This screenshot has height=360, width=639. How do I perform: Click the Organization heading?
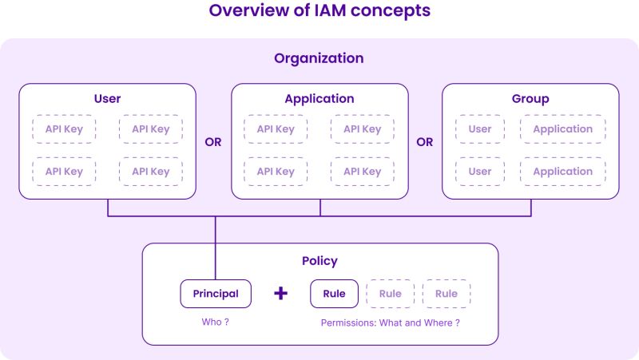point(319,58)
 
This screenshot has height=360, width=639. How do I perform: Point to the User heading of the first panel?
point(107,99)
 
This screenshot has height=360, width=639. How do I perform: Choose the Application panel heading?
point(319,99)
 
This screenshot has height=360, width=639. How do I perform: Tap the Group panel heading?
point(530,99)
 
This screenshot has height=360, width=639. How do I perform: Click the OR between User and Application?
point(213,142)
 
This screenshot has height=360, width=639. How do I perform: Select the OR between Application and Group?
point(425,142)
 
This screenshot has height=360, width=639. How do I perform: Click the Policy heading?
point(319,261)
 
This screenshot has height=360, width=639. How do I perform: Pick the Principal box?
point(216,294)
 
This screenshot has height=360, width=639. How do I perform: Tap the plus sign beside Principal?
point(280,294)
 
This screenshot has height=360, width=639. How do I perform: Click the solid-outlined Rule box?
point(334,294)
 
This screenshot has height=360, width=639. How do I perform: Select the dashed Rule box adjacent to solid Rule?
point(390,294)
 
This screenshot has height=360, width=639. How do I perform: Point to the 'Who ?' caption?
point(216,322)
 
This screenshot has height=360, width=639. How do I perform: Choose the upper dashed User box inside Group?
point(480,129)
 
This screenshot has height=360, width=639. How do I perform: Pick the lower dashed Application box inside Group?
point(562,172)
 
